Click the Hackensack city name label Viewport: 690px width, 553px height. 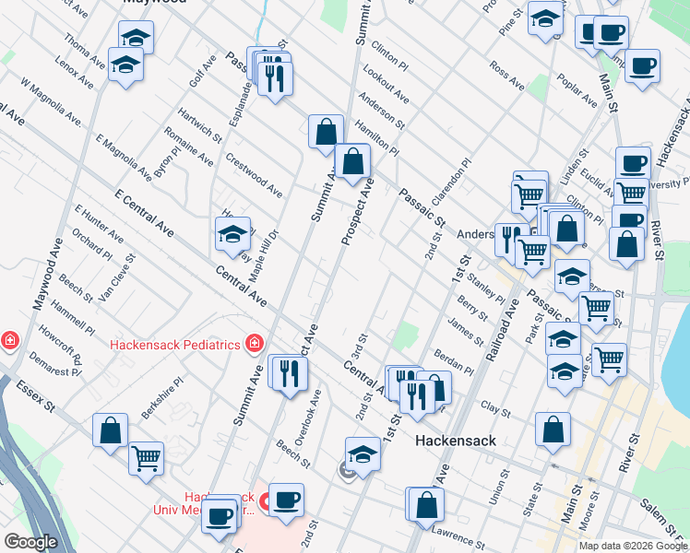456,441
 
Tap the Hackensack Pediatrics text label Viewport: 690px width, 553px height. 174,346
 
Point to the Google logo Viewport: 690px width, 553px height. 30,542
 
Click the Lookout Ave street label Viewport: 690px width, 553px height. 386,84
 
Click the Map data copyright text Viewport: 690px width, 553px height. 633,546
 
